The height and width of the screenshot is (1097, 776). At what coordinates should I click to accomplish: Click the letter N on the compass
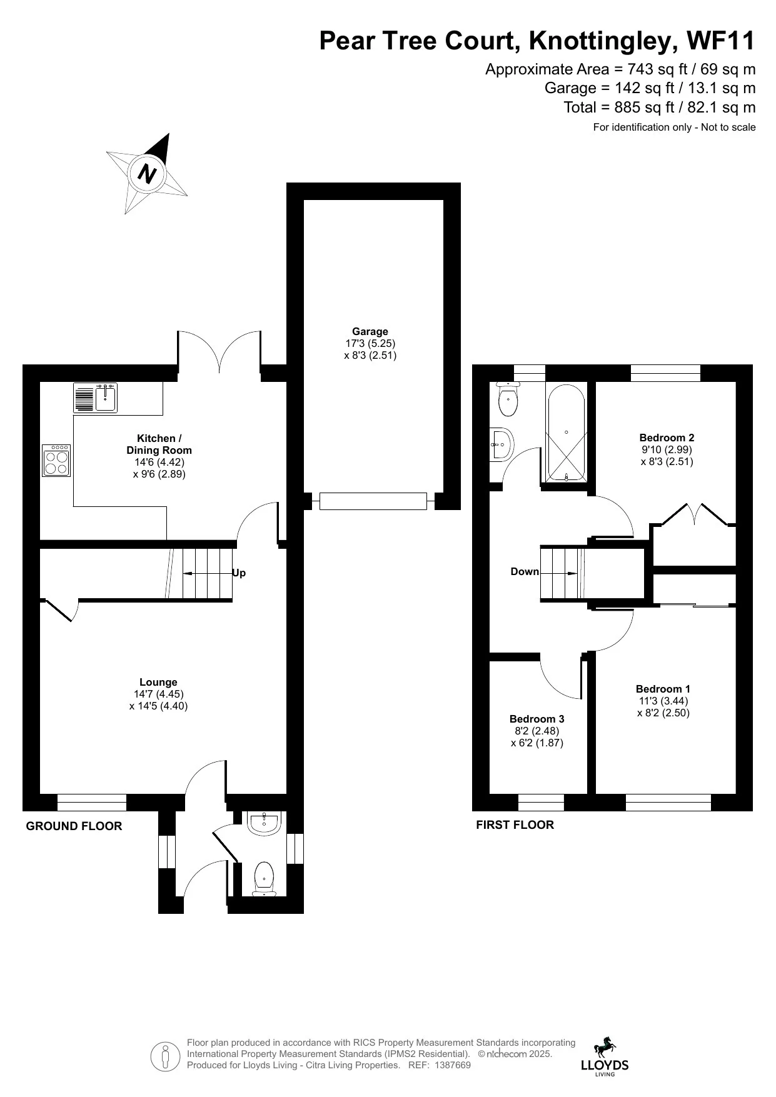(x=146, y=173)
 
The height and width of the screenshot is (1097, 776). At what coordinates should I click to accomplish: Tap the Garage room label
(x=370, y=332)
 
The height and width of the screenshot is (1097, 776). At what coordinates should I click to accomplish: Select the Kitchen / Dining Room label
(x=159, y=444)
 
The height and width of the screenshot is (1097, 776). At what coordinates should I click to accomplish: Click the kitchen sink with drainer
(x=96, y=398)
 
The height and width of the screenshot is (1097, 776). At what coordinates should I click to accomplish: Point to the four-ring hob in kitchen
(x=56, y=461)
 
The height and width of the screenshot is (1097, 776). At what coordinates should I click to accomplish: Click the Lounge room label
(x=158, y=683)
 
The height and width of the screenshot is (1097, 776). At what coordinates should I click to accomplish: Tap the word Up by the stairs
(x=239, y=573)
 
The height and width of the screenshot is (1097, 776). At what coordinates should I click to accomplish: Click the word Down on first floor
(x=525, y=571)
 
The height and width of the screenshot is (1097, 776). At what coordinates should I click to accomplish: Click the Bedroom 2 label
(x=667, y=438)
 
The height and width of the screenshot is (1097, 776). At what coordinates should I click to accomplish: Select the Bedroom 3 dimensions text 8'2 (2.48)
(x=537, y=731)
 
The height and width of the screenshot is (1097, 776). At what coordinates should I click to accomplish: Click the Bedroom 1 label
(x=663, y=689)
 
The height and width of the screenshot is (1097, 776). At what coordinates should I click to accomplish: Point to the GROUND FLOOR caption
(x=74, y=826)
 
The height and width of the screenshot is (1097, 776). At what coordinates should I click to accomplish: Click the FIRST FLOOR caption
(x=515, y=824)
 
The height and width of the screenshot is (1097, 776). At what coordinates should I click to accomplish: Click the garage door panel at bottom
(x=373, y=501)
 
